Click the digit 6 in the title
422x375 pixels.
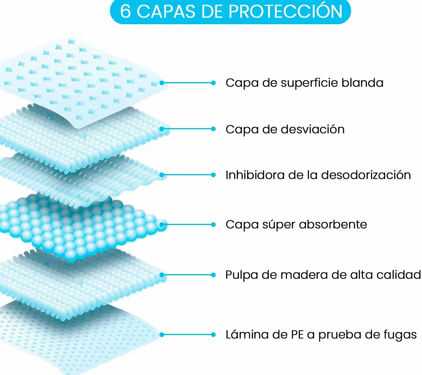(x=126, y=12)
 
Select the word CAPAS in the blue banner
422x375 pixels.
(x=166, y=12)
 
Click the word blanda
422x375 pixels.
(x=362, y=83)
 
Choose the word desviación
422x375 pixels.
(x=313, y=129)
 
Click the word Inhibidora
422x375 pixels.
(x=255, y=175)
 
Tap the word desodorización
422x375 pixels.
(x=366, y=175)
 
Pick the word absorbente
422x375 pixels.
(x=333, y=225)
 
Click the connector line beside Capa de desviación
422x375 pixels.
(x=187, y=129)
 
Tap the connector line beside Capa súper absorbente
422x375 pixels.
(x=187, y=225)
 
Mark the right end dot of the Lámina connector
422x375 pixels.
(x=213, y=335)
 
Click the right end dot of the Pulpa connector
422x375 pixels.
(x=213, y=275)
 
